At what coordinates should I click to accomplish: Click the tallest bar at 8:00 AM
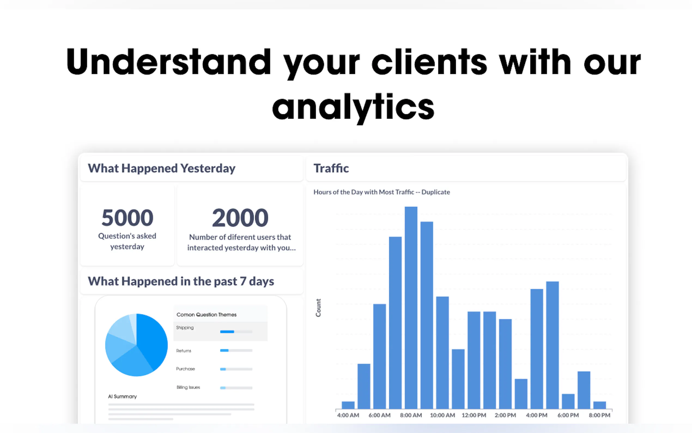[x=411, y=308]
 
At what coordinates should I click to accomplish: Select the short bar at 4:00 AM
[x=348, y=405]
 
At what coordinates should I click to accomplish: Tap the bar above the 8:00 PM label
[x=599, y=405]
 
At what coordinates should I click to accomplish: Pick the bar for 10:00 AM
[x=442, y=353]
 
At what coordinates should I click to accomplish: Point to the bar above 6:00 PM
[x=568, y=401]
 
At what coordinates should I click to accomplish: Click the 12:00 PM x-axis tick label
[x=474, y=415]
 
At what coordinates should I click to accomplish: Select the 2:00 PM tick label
[x=505, y=415]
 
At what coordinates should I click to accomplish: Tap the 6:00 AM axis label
[x=379, y=415]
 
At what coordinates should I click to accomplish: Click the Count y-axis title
[x=318, y=308]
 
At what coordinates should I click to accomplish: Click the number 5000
[x=127, y=218]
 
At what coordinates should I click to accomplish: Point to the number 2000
[x=240, y=218]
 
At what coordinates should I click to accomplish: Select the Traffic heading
[x=331, y=169]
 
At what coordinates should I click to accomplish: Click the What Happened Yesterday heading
[x=162, y=169]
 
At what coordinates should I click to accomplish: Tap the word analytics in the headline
[x=353, y=107]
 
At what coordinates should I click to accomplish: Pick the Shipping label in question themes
[x=185, y=328]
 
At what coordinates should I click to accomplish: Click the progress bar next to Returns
[x=236, y=350]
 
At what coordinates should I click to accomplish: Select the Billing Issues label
[x=188, y=387]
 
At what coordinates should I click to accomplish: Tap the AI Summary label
[x=122, y=397]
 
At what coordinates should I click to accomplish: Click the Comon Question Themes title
[x=207, y=314]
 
